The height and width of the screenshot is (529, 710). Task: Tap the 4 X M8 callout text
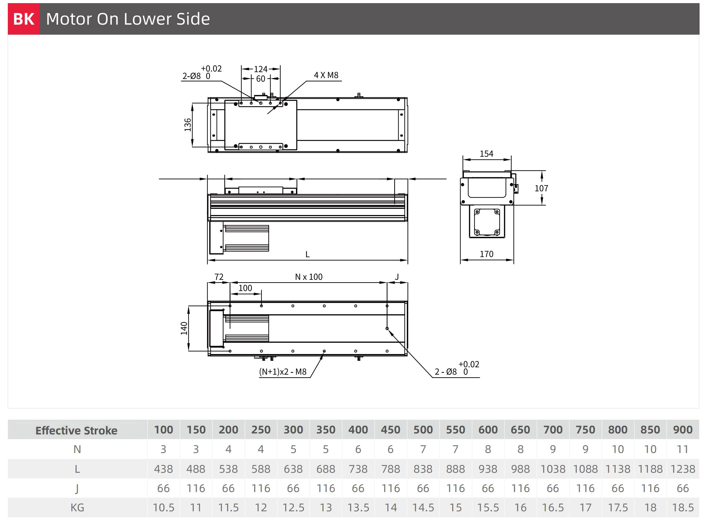point(326,75)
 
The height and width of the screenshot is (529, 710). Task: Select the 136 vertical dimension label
point(188,125)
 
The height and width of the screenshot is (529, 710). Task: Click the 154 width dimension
point(486,154)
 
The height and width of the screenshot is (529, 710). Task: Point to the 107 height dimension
point(541,188)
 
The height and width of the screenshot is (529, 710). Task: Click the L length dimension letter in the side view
point(307,254)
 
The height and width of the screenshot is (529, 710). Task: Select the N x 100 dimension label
point(308,277)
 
